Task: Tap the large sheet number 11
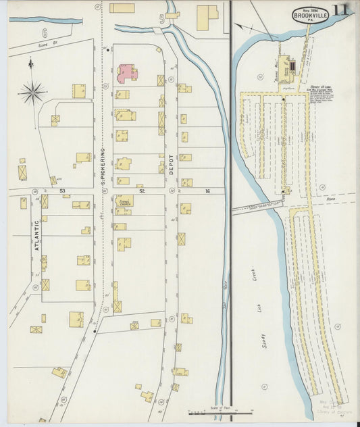point(341,11)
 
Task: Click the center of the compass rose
point(32,91)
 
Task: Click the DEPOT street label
point(171,163)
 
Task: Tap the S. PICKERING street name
point(103,166)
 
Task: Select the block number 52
point(142,191)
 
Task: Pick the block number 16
point(208,191)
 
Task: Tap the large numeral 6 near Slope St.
point(44,32)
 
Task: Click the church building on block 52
point(124,201)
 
